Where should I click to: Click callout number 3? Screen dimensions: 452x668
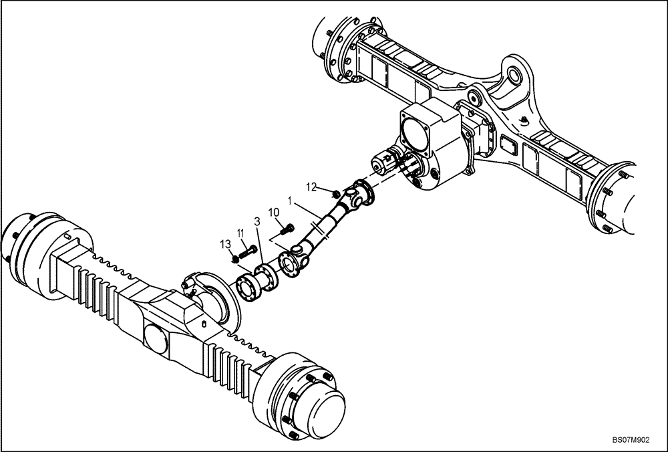coord(257,221)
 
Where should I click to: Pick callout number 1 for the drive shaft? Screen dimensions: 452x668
coord(289,199)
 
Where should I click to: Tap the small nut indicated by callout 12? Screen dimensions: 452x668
coord(334,194)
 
